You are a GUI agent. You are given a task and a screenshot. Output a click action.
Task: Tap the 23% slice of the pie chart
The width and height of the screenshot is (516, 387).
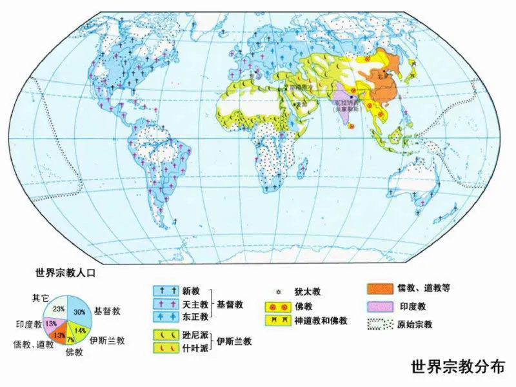[x=59, y=307]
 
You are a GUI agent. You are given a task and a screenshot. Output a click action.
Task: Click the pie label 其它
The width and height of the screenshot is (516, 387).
[x=40, y=297]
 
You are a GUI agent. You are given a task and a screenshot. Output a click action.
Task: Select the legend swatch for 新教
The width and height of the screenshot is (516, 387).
[x=166, y=292]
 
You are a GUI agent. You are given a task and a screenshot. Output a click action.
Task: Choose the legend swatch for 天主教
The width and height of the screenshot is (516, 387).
[x=166, y=304]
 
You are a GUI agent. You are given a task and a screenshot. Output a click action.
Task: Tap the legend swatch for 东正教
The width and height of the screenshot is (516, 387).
[x=166, y=316]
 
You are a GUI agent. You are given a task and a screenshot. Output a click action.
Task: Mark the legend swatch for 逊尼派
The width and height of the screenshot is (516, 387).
[x=166, y=335]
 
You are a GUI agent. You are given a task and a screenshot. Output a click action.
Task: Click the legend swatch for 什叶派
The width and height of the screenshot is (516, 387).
[x=166, y=348]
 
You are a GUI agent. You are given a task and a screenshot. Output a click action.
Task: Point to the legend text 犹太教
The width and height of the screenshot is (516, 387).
[x=307, y=292]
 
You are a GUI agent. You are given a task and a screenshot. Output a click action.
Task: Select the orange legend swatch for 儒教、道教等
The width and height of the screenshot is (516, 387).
[x=381, y=288]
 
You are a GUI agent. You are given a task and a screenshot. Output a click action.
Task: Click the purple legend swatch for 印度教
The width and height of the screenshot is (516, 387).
[x=381, y=306]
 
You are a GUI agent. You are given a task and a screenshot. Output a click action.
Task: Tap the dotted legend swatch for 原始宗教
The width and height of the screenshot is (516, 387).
[x=381, y=323]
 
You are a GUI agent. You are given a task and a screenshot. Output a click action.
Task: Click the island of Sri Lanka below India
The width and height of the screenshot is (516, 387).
[x=357, y=136]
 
